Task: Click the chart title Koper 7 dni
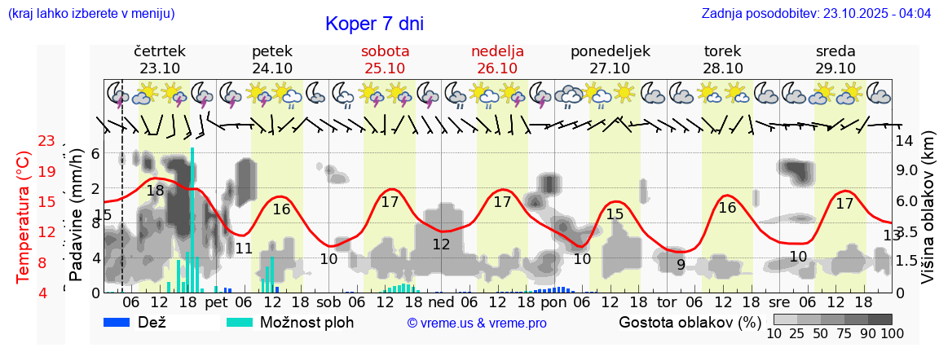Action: pyautogui.click(x=374, y=24)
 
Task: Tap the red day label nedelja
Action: pyautogui.click(x=497, y=51)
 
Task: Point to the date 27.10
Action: pyautogui.click(x=610, y=68)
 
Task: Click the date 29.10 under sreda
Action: pyautogui.click(x=835, y=68)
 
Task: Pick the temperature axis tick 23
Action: pyautogui.click(x=46, y=142)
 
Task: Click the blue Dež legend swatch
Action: pyautogui.click(x=122, y=322)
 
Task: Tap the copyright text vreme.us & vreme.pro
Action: pyautogui.click(x=477, y=324)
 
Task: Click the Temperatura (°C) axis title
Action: pyautogui.click(x=24, y=216)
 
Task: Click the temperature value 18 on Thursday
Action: pyautogui.click(x=155, y=191)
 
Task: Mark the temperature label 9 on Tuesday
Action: pyautogui.click(x=681, y=264)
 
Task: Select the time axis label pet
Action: pyautogui.click(x=216, y=302)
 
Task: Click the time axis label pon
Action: pyautogui.click(x=553, y=302)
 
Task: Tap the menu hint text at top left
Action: pyautogui.click(x=90, y=14)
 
